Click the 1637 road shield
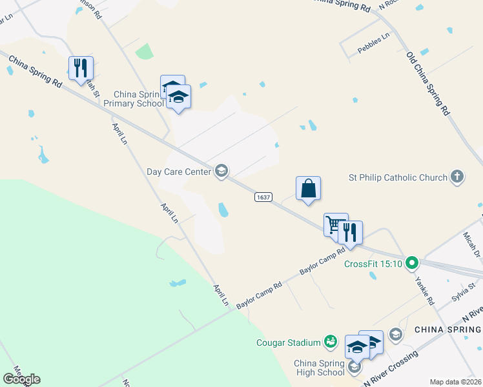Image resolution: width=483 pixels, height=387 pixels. click(x=262, y=197)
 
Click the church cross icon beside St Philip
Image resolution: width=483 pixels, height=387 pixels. click(x=457, y=177)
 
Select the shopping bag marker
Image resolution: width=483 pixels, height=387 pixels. click(x=309, y=188)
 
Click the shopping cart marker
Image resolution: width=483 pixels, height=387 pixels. click(x=334, y=224)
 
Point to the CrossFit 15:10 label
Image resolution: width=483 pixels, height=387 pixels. click(x=373, y=263)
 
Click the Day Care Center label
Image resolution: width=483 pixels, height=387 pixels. click(x=179, y=172)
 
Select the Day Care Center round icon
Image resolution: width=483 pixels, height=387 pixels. click(x=221, y=171)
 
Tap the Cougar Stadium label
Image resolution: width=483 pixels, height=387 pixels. click(x=288, y=342)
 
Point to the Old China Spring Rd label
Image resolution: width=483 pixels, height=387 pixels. click(x=428, y=84)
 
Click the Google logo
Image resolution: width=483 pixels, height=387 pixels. click(x=21, y=379)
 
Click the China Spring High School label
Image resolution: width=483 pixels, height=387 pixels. click(x=320, y=368)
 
